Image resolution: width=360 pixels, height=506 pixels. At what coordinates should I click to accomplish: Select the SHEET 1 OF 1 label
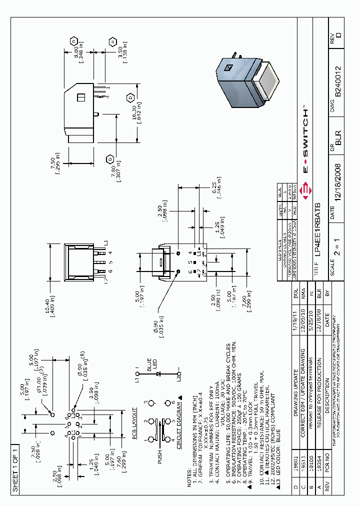(x=15, y=468)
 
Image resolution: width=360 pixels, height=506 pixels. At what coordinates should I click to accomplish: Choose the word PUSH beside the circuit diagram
(x=160, y=455)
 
